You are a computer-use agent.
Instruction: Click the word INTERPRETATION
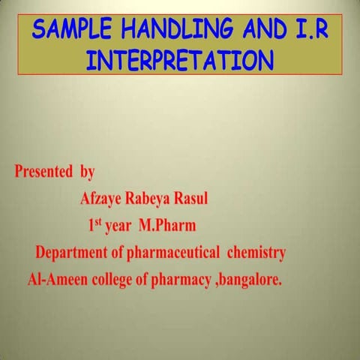[x=179, y=60]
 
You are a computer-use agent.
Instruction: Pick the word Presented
[x=44, y=172]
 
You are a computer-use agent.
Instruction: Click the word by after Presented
[x=87, y=172]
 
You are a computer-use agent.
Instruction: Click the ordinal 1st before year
[x=94, y=224]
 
